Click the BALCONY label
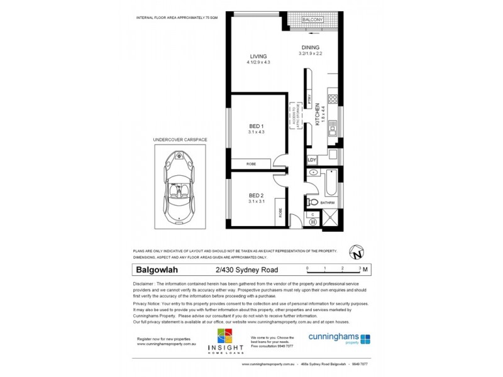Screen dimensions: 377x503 312,20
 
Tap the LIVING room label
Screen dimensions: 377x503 258,57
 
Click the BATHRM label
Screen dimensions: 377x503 326,202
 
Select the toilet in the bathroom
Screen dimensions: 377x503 312,201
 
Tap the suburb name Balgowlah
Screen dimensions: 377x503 156,271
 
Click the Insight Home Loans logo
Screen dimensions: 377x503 224,342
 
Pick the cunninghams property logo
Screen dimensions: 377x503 339,338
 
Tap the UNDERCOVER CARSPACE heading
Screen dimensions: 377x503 180,139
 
